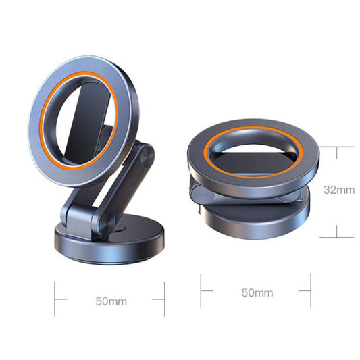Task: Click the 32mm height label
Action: (340, 190)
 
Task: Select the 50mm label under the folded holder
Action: (257, 292)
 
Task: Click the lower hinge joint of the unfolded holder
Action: (103, 224)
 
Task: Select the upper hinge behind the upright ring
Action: (143, 156)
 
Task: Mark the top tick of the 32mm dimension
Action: (336, 146)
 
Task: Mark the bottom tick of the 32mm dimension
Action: (336, 237)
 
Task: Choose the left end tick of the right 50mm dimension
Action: (201, 291)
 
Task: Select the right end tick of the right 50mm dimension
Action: (310, 291)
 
